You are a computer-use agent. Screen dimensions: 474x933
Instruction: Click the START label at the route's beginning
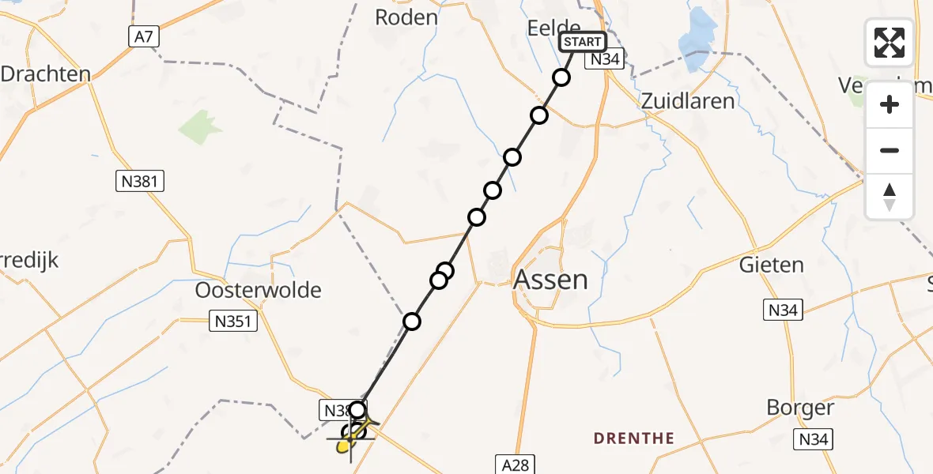coord(583,42)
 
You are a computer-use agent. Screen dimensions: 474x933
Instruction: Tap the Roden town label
coord(406,17)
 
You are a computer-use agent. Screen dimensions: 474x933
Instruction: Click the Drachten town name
coord(45,74)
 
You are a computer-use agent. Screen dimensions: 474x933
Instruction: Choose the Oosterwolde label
coord(259,290)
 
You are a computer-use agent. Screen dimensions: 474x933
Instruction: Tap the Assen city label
coord(551,280)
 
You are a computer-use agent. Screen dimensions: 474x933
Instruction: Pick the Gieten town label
coord(771,265)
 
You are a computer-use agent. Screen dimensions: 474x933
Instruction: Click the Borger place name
coord(800,408)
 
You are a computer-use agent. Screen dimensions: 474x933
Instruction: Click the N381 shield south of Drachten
coord(138,182)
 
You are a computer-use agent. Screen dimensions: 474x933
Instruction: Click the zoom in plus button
coord(890,104)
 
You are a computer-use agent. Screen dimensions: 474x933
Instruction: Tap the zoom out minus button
coord(890,150)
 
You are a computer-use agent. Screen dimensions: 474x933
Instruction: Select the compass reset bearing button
coord(890,196)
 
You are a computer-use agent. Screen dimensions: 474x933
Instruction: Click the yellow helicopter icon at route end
coord(346,446)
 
